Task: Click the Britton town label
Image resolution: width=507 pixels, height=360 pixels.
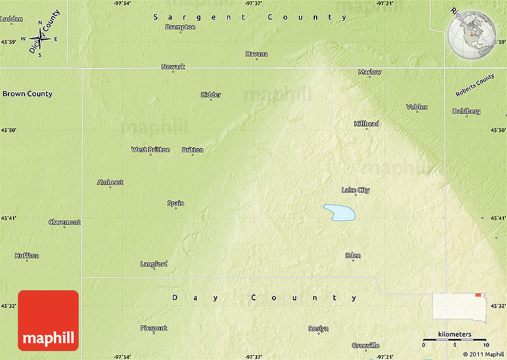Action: (193, 150)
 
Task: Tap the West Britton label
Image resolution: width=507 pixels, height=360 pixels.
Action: (150, 150)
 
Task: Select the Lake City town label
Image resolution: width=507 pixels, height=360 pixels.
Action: (355, 190)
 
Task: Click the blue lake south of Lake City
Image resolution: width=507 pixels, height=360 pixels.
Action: (340, 212)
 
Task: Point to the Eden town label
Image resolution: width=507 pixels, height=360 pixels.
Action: (353, 256)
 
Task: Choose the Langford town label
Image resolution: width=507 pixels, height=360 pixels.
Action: (154, 264)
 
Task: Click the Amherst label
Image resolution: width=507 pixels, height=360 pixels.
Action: (110, 182)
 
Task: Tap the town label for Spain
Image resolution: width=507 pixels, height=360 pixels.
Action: (175, 203)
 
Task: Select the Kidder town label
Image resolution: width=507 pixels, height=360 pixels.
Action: (211, 95)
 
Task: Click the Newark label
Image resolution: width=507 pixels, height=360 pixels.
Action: (173, 67)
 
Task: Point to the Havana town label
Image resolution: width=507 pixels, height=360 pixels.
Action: (256, 54)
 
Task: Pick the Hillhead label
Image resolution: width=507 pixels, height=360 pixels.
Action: (366, 123)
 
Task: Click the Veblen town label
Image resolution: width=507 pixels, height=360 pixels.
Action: (417, 107)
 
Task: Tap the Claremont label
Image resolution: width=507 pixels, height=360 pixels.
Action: (64, 222)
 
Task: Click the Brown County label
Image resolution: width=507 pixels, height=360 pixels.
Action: (27, 94)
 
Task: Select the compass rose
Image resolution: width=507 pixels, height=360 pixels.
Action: (40, 39)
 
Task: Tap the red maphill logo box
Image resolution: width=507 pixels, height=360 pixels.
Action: (48, 320)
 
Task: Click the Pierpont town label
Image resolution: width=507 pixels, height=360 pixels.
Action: (153, 328)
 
